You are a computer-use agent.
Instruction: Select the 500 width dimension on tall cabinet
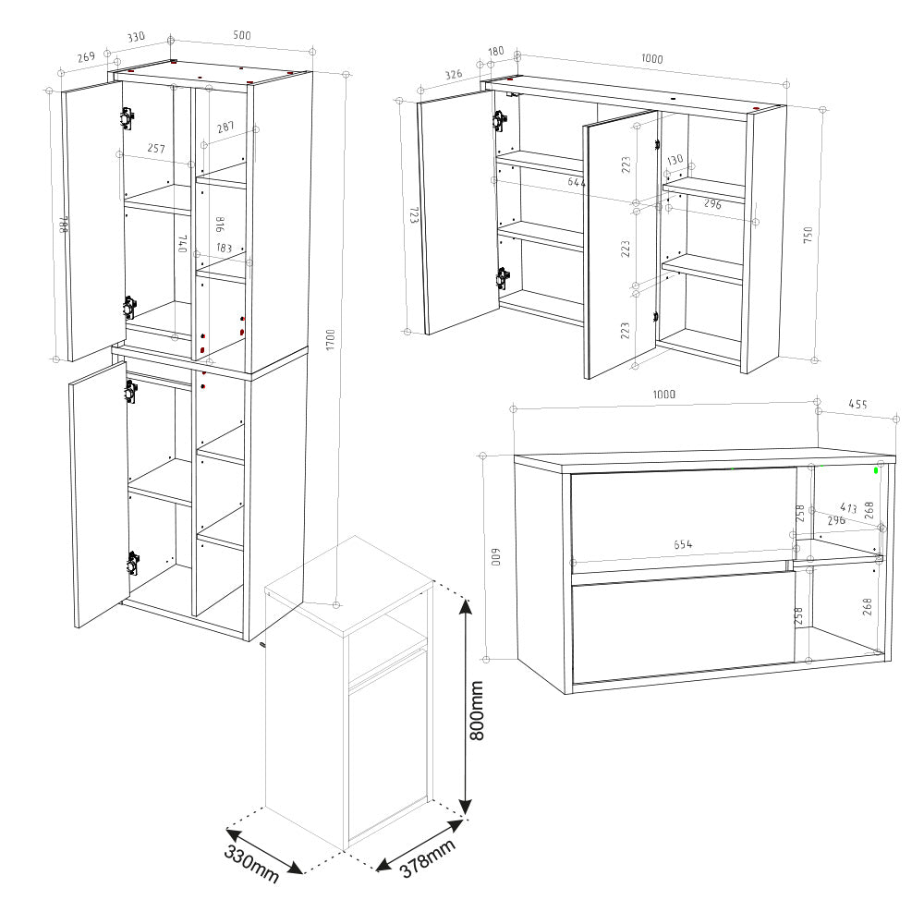[242, 35]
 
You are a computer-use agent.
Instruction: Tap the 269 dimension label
[86, 57]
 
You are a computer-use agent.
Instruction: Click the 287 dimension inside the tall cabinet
[225, 128]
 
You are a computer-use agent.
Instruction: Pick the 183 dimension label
[225, 248]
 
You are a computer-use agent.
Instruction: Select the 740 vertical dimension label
[182, 245]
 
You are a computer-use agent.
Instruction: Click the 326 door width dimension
[453, 75]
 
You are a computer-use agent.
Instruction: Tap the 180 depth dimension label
[495, 52]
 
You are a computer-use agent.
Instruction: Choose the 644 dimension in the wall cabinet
[577, 183]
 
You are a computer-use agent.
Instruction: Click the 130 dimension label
[675, 160]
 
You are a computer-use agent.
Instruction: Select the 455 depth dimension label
[858, 405]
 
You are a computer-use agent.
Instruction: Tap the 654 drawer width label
[683, 544]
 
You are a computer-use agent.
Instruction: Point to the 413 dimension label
[848, 508]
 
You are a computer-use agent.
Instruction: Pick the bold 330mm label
[251, 864]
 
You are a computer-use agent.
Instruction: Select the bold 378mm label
[428, 859]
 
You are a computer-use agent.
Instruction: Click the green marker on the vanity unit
[875, 468]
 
